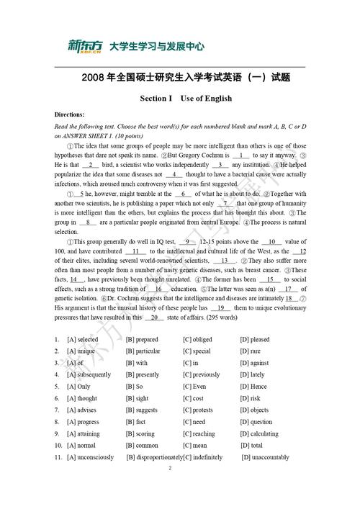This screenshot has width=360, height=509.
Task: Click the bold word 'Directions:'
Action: pos(70,114)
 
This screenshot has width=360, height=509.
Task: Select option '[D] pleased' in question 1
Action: pos(255,339)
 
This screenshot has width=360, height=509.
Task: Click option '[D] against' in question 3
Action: pos(254,363)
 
